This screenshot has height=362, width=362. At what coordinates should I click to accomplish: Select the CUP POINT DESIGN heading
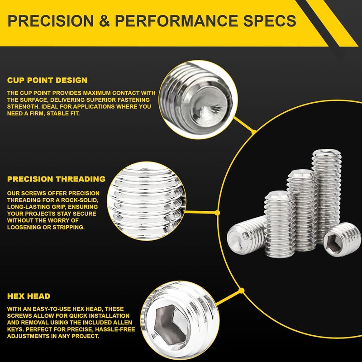pos(48,80)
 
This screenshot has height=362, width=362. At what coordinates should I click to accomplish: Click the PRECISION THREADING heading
pos(56,179)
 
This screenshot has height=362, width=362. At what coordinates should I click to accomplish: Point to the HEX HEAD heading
pos(29,296)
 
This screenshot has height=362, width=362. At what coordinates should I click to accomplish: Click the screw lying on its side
pos(247,234)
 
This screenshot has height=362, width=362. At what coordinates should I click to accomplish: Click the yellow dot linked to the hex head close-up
pos(241,290)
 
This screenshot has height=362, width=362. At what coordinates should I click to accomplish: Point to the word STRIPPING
pos(67,227)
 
